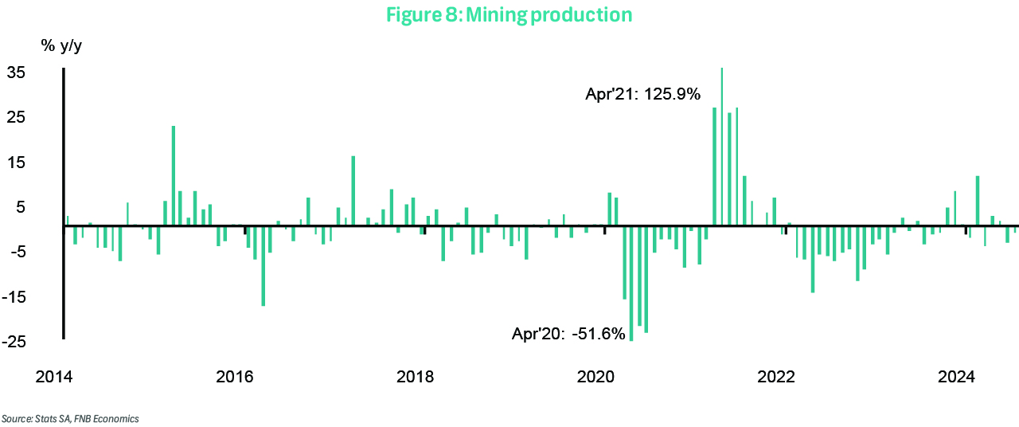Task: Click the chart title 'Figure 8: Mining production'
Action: pyautogui.click(x=509, y=15)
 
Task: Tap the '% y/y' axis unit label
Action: pyautogui.click(x=61, y=45)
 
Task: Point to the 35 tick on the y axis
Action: pyautogui.click(x=39, y=72)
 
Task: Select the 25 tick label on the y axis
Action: pyautogui.click(x=39, y=117)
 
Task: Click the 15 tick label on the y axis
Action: pyautogui.click(x=39, y=163)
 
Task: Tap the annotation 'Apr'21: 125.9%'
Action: pyautogui.click(x=642, y=95)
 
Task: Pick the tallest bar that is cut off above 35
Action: pyautogui.click(x=721, y=143)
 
